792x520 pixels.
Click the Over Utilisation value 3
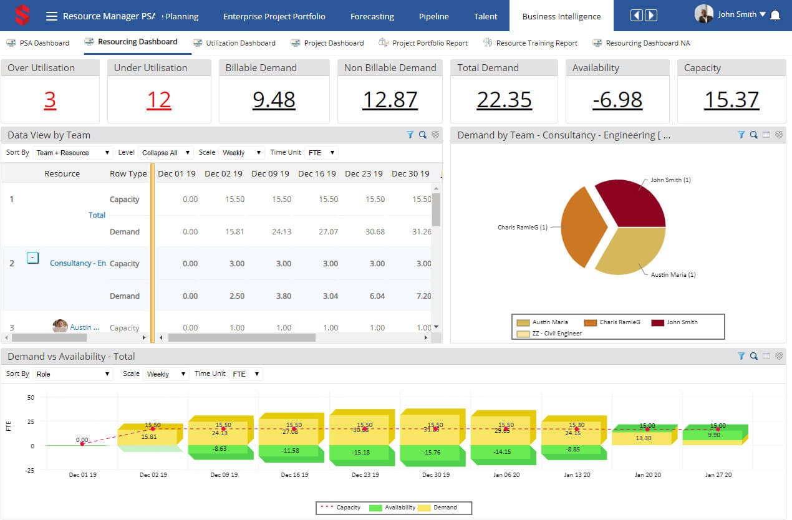[x=50, y=100]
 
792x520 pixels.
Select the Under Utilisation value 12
[x=158, y=100]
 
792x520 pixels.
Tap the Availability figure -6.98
[x=617, y=100]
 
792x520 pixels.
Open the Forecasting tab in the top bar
[x=372, y=17]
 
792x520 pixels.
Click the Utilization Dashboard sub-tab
[x=240, y=43]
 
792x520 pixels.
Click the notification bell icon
[x=775, y=15]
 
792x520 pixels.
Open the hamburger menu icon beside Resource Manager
[x=52, y=16]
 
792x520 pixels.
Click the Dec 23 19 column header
[x=364, y=174]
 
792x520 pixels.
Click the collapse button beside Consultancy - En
[x=33, y=258]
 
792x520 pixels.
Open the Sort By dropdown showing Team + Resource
[x=72, y=153]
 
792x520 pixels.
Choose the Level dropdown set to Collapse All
[x=165, y=153]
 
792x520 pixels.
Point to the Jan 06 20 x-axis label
[x=506, y=475]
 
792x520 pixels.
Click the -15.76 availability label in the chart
[x=432, y=452]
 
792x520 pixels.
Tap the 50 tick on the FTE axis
[x=31, y=397]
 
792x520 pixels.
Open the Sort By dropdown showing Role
[x=72, y=374]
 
